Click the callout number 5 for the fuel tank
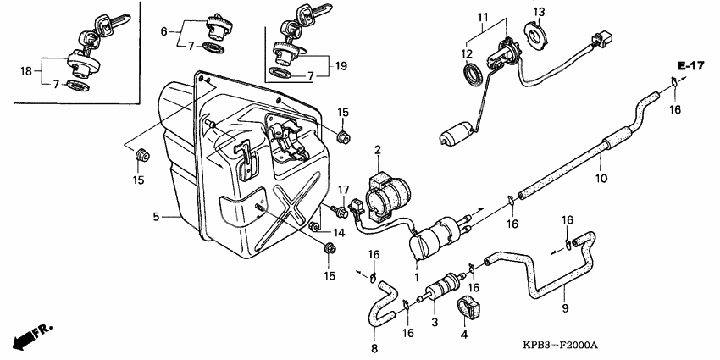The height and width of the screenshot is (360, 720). tap(157, 217)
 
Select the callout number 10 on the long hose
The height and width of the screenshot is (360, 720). tap(601, 178)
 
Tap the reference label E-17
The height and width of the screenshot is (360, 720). tap(690, 66)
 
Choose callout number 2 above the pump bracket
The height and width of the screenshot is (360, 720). tap(379, 150)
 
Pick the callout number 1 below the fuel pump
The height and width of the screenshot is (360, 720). tap(416, 276)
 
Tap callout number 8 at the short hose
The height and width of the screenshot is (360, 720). tap(375, 347)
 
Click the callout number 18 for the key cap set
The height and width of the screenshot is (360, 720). tap(26, 72)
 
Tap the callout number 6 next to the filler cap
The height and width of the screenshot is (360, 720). tap(165, 30)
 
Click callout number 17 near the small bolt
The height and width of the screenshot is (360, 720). tap(344, 189)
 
